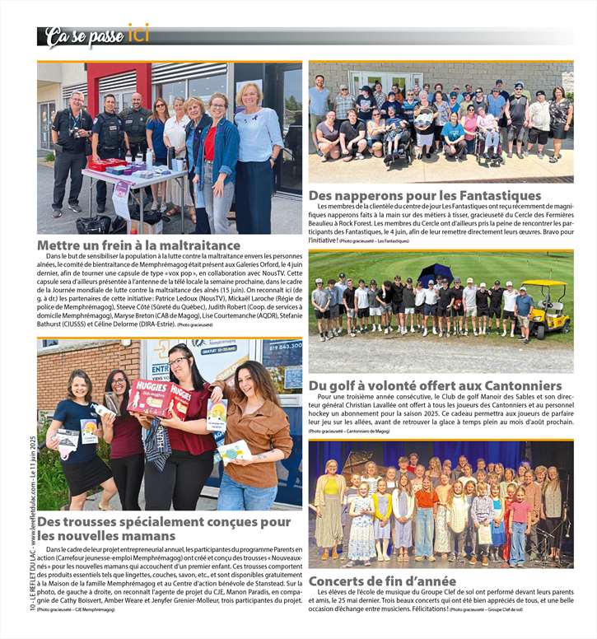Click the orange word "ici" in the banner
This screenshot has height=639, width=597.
click(138, 33)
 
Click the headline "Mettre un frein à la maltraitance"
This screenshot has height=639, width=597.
click(138, 245)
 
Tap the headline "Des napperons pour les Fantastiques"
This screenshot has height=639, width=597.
click(425, 195)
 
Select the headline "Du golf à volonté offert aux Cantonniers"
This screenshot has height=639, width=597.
click(435, 385)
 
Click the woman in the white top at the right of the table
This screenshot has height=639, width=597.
click(258, 156)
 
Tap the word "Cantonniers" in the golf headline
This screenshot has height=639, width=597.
click(513, 385)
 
